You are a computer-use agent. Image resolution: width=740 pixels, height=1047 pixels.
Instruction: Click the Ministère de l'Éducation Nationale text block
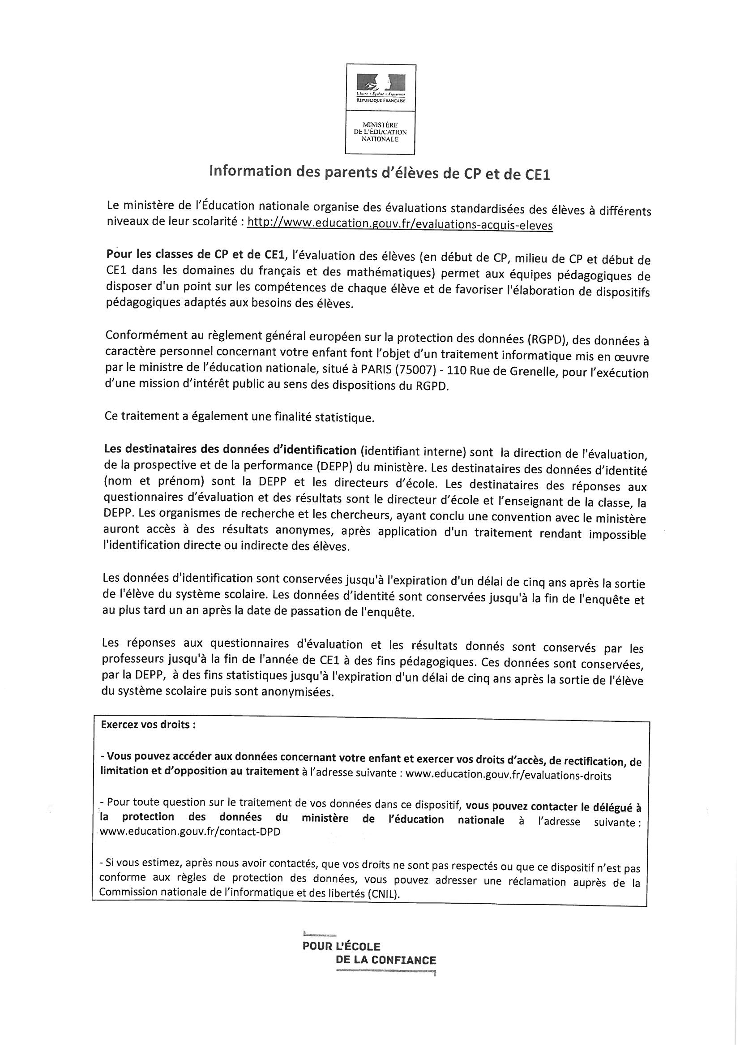pyautogui.click(x=380, y=131)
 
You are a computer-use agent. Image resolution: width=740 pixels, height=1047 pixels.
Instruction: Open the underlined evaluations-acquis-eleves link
pyautogui.click(x=400, y=225)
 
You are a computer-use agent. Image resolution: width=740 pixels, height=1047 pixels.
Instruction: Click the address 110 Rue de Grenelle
pyautogui.click(x=501, y=371)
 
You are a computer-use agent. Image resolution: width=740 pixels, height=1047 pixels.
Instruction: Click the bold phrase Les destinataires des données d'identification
pyautogui.click(x=230, y=451)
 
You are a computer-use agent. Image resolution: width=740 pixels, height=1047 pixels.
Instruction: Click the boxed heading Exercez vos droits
pyautogui.click(x=148, y=725)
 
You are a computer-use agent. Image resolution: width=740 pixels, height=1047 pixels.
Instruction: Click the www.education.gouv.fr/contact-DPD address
pyautogui.click(x=190, y=831)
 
